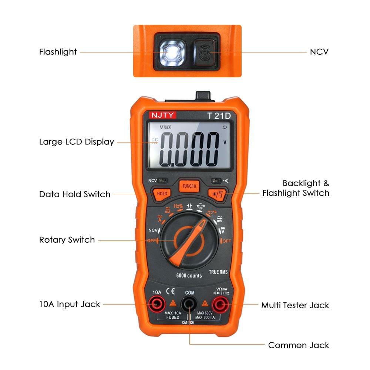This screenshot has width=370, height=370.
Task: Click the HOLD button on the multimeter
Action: tap(162, 194)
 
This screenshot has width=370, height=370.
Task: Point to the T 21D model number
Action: tap(219, 115)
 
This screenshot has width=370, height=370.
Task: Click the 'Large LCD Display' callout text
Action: tap(77, 142)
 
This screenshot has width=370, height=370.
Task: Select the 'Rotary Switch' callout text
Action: tap(67, 240)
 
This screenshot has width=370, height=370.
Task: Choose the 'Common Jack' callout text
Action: tap(298, 345)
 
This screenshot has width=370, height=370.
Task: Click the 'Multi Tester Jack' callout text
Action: tap(295, 305)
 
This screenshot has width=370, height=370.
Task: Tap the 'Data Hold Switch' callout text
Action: tap(75, 194)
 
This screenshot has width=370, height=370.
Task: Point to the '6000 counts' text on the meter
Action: tap(189, 276)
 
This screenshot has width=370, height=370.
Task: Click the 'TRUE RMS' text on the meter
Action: tap(218, 272)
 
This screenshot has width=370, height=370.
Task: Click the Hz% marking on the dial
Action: tap(178, 206)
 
